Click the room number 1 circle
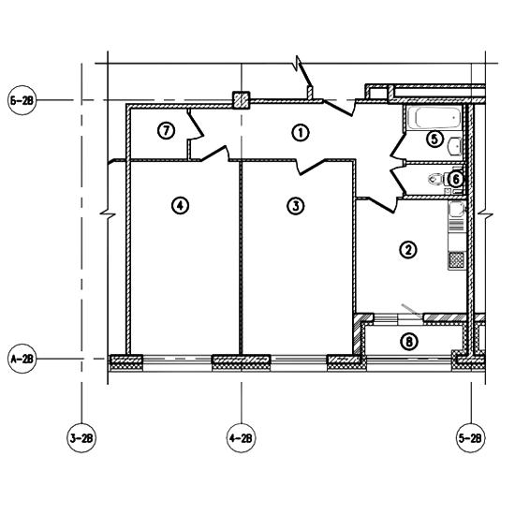tap(301, 133)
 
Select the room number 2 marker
tap(408, 250)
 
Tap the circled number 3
tap(296, 206)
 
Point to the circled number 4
tap(181, 206)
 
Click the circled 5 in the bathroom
tap(434, 139)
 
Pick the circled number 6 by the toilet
tap(456, 180)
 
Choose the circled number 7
tap(166, 131)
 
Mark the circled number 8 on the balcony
tap(409, 342)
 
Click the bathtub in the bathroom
tap(434, 118)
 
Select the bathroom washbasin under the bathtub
tap(455, 146)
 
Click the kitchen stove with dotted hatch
tap(457, 260)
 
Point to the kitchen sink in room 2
tap(457, 209)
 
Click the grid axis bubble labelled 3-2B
tap(81, 438)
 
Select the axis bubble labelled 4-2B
tap(241, 438)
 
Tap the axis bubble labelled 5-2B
tap(471, 438)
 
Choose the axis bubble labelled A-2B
tap(22, 359)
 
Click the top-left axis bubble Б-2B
tap(22, 100)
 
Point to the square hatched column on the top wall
tap(242, 100)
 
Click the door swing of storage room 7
tap(196, 125)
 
